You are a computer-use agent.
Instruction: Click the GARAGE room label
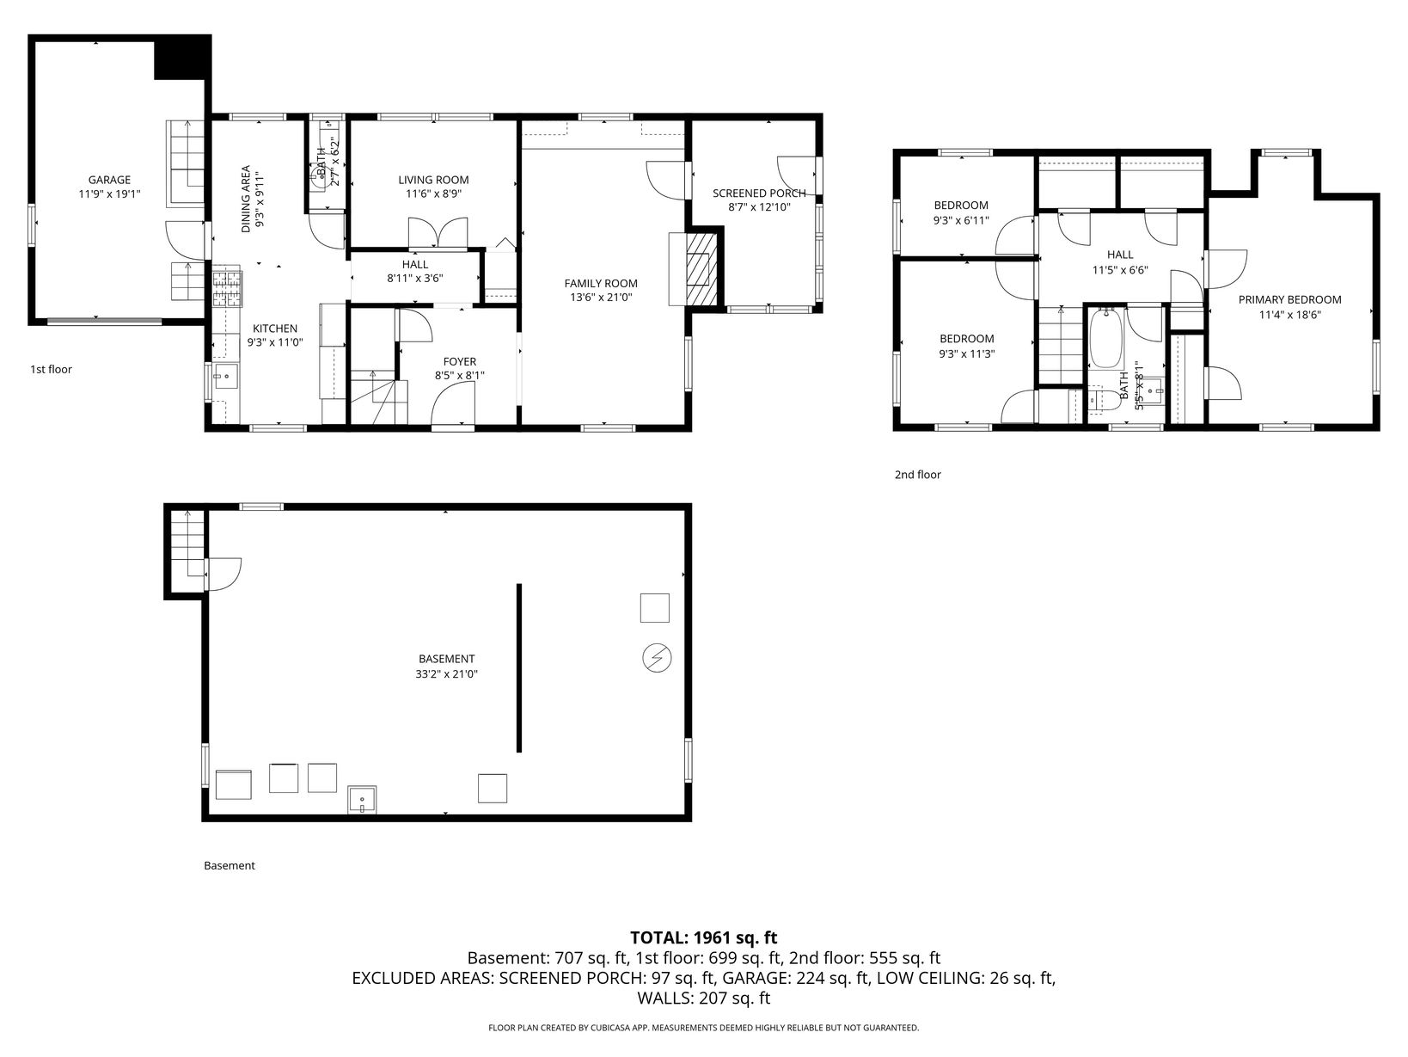click(x=110, y=181)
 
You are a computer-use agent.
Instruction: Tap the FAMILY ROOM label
click(x=601, y=284)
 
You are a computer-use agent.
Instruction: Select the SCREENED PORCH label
click(x=759, y=194)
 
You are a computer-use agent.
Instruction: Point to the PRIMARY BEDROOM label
click(x=1289, y=299)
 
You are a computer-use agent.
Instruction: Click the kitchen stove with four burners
click(x=228, y=290)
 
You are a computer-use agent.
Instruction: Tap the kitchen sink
click(x=225, y=376)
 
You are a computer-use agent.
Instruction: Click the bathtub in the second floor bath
click(x=1106, y=338)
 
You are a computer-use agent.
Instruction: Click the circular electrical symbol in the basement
click(x=657, y=658)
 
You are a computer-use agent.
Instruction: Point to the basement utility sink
click(x=362, y=800)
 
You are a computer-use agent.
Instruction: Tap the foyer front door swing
click(x=452, y=405)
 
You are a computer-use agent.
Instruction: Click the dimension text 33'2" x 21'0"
click(x=446, y=674)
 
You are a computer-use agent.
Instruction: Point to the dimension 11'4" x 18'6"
click(x=1290, y=315)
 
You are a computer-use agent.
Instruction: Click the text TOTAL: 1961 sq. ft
click(x=704, y=937)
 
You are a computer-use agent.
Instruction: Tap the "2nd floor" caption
click(x=918, y=475)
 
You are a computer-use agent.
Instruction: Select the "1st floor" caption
click(x=52, y=370)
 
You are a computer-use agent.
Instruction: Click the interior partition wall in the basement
click(x=519, y=667)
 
